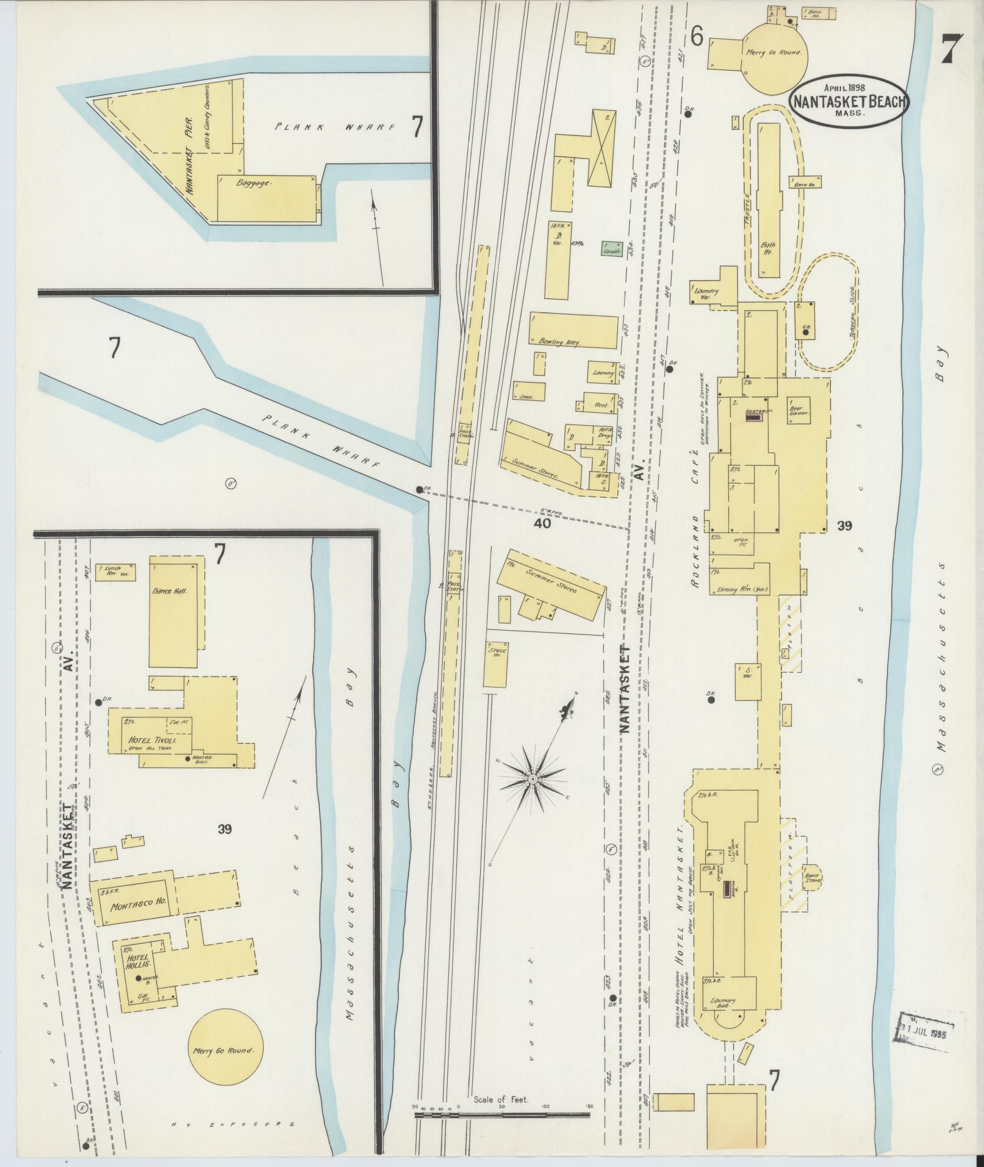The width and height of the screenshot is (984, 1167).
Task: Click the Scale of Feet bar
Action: point(502,1115)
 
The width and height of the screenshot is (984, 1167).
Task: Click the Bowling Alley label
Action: point(559,342)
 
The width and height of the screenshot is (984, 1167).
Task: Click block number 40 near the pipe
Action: point(542,523)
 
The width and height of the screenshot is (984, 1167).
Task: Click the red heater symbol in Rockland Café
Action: point(755,417)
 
